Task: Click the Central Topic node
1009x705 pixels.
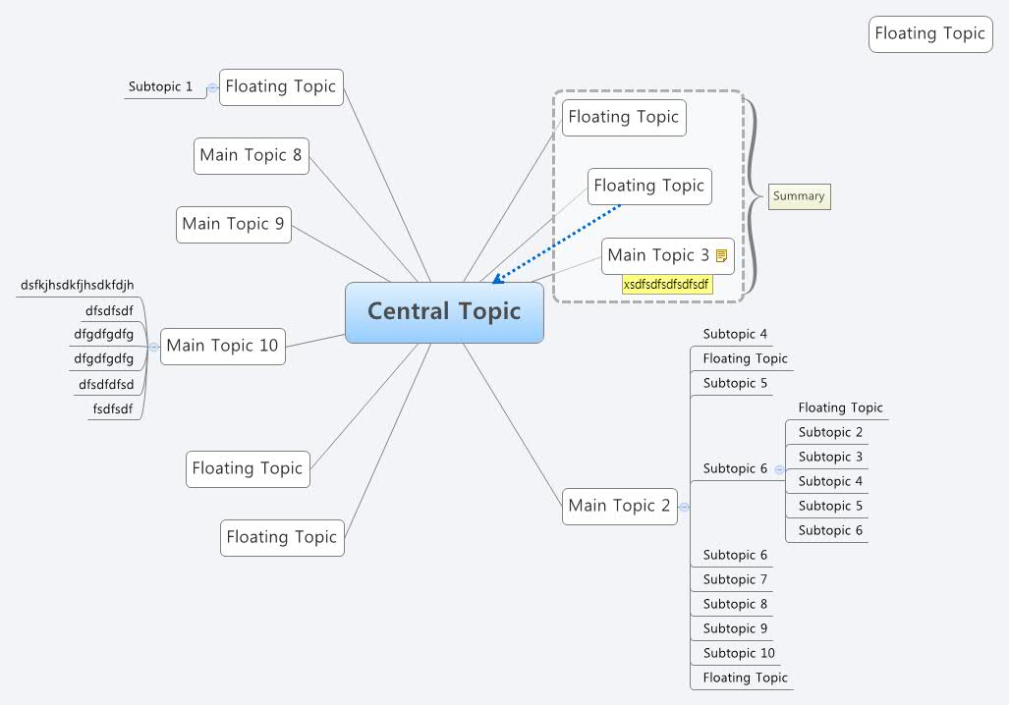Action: (x=444, y=312)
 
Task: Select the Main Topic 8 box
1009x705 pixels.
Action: (x=252, y=155)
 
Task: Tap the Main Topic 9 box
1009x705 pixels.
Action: (x=234, y=224)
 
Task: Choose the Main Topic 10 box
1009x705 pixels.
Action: (x=223, y=346)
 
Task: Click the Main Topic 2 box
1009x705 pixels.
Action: (x=620, y=506)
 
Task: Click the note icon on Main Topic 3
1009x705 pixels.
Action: (x=722, y=256)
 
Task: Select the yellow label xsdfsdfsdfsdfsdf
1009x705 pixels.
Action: (x=666, y=285)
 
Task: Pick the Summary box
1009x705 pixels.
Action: (x=799, y=196)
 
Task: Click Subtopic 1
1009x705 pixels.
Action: (x=160, y=86)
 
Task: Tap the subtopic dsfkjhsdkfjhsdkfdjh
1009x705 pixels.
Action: (x=77, y=286)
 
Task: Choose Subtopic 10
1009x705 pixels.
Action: (x=739, y=653)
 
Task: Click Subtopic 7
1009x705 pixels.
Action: (x=735, y=579)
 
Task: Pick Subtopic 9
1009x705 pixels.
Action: (x=735, y=628)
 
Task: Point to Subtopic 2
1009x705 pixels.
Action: (x=830, y=432)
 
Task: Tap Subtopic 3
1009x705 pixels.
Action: (x=830, y=457)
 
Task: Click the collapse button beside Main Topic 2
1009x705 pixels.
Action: (x=684, y=507)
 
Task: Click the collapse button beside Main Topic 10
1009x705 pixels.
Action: (x=153, y=347)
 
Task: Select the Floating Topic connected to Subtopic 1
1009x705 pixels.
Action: (x=281, y=86)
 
